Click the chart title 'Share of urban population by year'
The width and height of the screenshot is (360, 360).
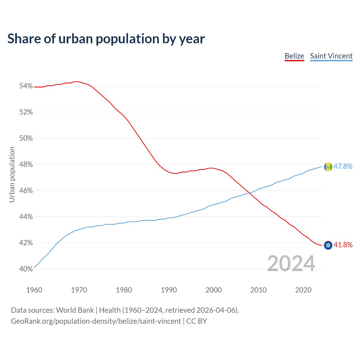tap(106, 39)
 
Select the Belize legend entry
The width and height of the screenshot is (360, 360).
tap(294, 56)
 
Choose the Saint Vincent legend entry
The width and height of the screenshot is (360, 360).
tap(331, 56)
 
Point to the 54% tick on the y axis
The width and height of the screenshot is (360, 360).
tap(26, 86)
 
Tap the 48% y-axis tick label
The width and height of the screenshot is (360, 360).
tap(26, 165)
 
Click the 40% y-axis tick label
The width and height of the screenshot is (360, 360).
tap(26, 269)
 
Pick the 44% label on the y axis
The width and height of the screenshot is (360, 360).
tap(26, 217)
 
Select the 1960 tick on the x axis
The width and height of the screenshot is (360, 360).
tap(34, 290)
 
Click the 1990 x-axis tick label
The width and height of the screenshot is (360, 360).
tap(169, 290)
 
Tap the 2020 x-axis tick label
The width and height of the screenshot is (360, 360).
tap(303, 290)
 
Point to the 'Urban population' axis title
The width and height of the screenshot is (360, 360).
tap(12, 174)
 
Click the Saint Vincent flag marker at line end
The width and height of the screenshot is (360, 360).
tap(328, 167)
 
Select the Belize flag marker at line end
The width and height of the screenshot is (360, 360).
tap(328, 245)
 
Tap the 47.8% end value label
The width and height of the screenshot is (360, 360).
tap(343, 166)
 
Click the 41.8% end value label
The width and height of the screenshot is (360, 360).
tap(343, 245)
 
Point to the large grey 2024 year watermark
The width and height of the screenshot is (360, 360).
tap(291, 264)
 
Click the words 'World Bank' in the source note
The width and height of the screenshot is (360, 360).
tap(75, 310)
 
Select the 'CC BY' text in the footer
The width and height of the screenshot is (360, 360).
tap(197, 321)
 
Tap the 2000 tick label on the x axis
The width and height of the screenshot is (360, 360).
tap(213, 290)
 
